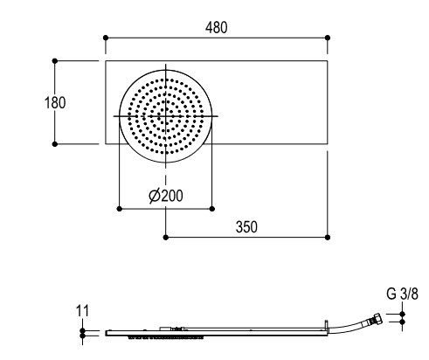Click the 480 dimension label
point(216,28)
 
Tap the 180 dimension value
point(55,102)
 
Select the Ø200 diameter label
point(166,196)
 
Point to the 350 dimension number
point(246,227)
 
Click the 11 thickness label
point(82,311)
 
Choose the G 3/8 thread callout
point(402,294)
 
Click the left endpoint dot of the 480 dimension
point(106,38)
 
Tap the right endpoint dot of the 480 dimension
point(328,38)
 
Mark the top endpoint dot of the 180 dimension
point(55,60)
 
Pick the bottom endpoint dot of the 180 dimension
point(55,144)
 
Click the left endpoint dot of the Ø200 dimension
point(119,209)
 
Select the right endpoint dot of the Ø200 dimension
point(212,209)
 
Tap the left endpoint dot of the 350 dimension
point(166,238)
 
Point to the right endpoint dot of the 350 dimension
point(328,238)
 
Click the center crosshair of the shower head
point(166,116)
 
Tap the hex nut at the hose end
point(377,317)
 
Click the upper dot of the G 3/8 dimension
point(402,314)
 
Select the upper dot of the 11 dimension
point(82,330)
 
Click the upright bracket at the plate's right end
point(327,326)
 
